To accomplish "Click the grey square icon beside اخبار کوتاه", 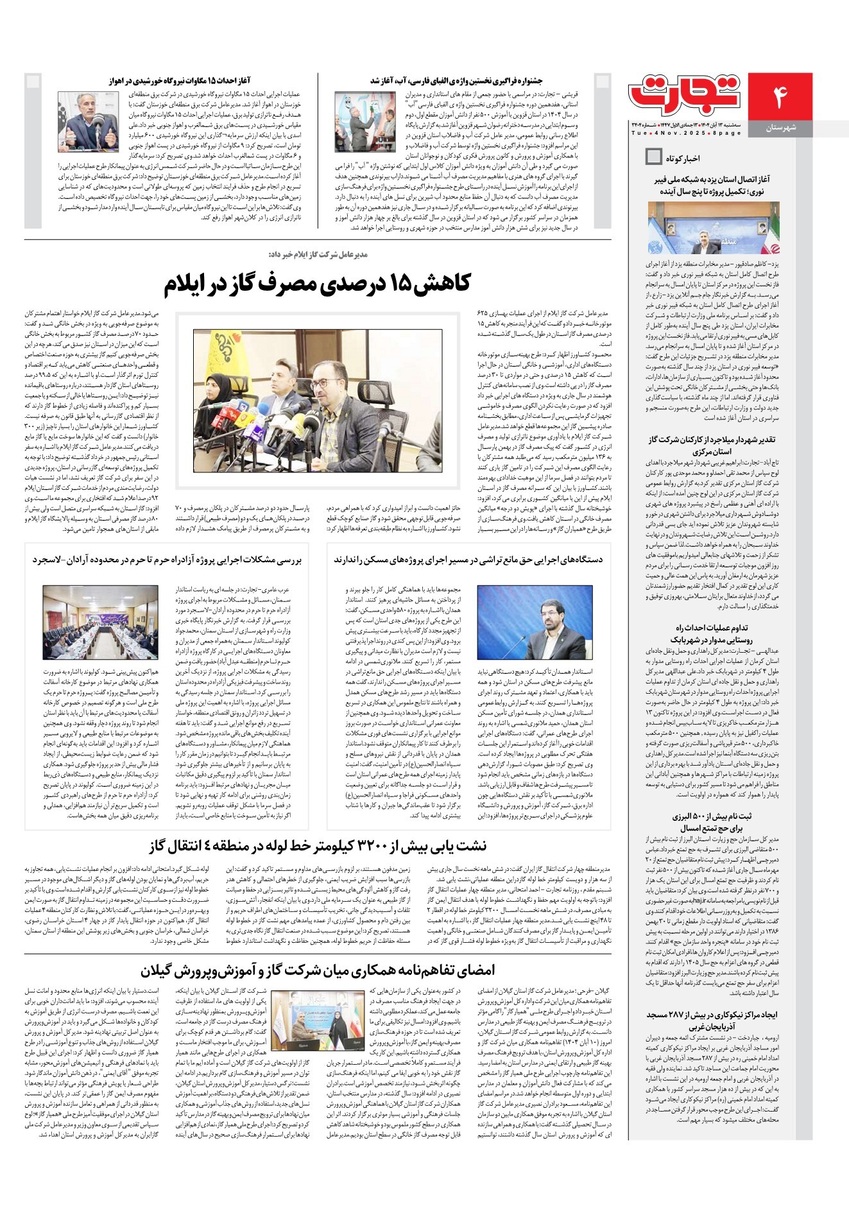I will click(x=654, y=157).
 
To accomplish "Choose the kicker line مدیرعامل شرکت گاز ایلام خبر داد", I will click(x=318, y=255).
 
